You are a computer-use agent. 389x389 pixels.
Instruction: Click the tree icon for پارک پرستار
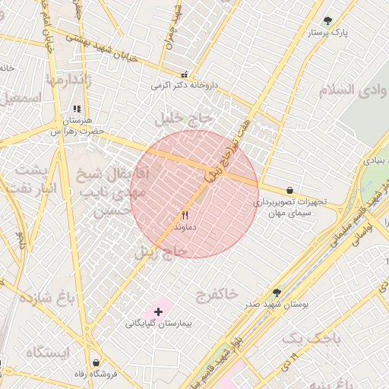tap(327, 21)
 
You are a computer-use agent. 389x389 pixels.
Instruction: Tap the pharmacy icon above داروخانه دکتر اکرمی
tap(184, 74)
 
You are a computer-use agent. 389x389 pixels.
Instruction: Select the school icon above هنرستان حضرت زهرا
tap(76, 109)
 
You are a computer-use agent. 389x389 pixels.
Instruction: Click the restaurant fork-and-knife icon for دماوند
tap(185, 216)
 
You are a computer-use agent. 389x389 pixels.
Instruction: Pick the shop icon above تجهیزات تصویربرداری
tap(289, 190)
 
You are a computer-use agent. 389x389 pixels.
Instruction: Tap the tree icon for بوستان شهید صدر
tap(276, 292)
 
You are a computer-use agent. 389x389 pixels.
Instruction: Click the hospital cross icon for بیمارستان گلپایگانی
tap(158, 312)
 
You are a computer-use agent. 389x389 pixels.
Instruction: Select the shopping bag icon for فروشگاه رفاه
tap(96, 362)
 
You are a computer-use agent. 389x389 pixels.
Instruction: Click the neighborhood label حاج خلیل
tap(185, 119)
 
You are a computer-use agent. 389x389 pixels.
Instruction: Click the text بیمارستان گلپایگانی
tap(160, 324)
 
